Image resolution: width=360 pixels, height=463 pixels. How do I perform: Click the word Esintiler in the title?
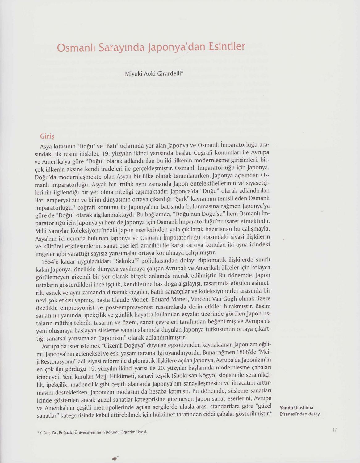[227, 47]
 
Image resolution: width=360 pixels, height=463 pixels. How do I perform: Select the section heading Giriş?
[47, 136]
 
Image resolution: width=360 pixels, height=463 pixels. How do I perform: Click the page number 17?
[334, 430]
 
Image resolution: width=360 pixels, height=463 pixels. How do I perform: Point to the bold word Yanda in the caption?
[286, 408]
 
